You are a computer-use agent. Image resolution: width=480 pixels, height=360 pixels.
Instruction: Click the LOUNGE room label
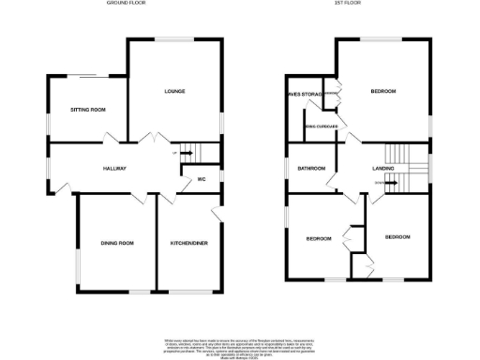point(173,92)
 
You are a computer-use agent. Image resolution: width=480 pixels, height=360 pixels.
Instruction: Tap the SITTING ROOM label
point(88,111)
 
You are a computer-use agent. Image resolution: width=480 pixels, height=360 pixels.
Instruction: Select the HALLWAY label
point(114,169)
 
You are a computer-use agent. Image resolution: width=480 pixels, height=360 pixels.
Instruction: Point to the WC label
point(201,179)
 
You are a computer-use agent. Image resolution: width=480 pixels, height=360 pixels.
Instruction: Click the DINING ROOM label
point(118,244)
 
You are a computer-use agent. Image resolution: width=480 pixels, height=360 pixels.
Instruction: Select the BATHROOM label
point(311,169)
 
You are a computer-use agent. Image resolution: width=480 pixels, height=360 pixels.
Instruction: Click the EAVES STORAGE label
point(305,94)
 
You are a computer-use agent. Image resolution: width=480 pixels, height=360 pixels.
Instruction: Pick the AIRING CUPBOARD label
point(320,127)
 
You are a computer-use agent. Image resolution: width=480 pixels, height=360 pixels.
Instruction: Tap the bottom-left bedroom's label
point(319,239)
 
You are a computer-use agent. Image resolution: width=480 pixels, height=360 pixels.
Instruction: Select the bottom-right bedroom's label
point(397,237)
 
